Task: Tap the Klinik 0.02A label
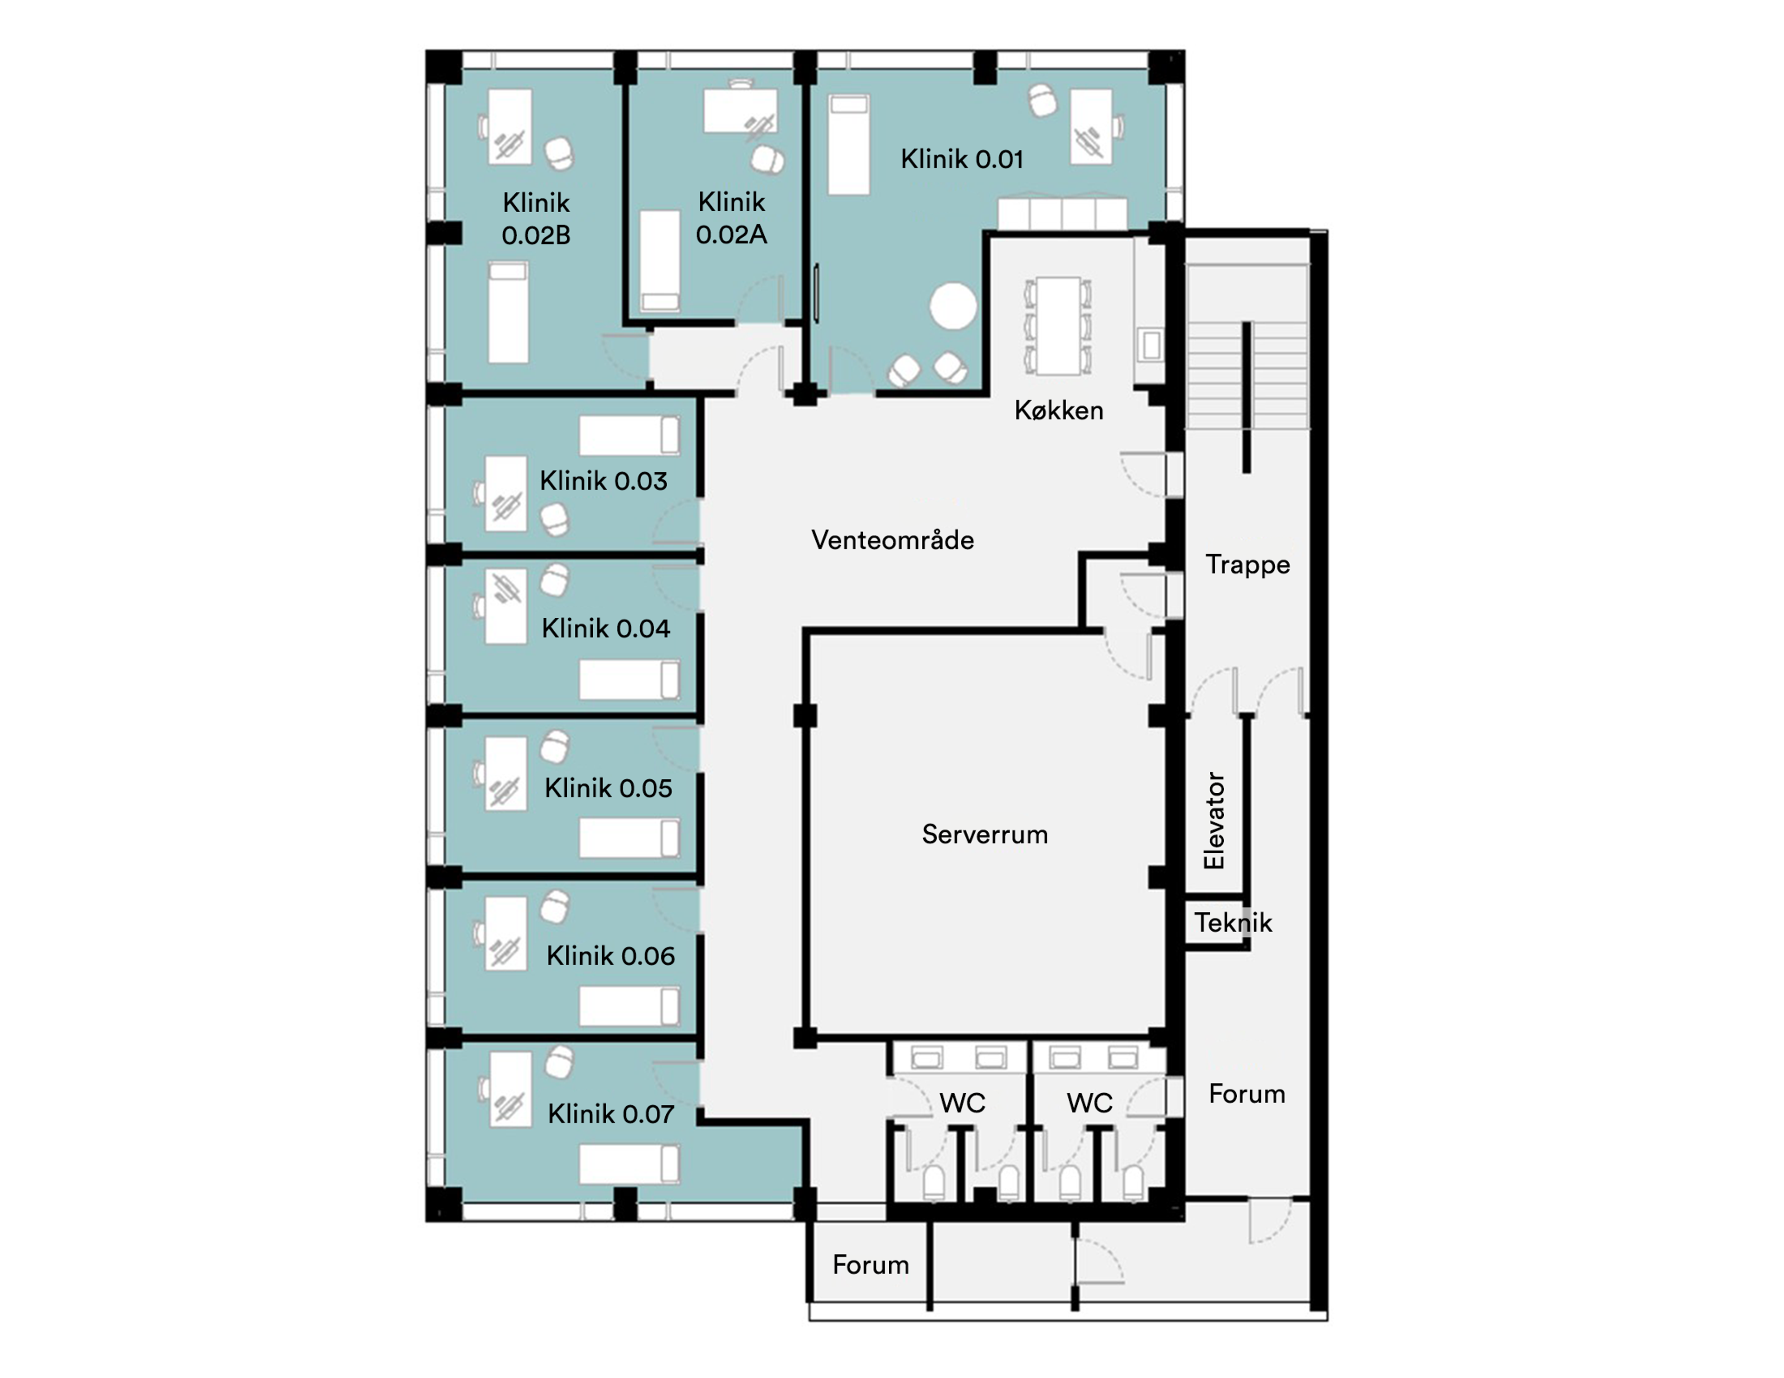pyautogui.click(x=731, y=218)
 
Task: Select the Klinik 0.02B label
pyautogui.click(x=536, y=219)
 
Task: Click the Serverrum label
pyautogui.click(x=984, y=834)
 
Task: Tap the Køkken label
pyautogui.click(x=1059, y=410)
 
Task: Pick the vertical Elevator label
pyautogui.click(x=1214, y=820)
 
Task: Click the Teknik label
pyautogui.click(x=1233, y=922)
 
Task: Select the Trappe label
pyautogui.click(x=1247, y=564)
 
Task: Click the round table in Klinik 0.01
pyautogui.click(x=952, y=307)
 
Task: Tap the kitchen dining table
pyautogui.click(x=1059, y=326)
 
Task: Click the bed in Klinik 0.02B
pyautogui.click(x=508, y=312)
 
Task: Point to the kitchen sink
pyautogui.click(x=1151, y=345)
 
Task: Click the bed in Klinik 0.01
pyautogui.click(x=849, y=144)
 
